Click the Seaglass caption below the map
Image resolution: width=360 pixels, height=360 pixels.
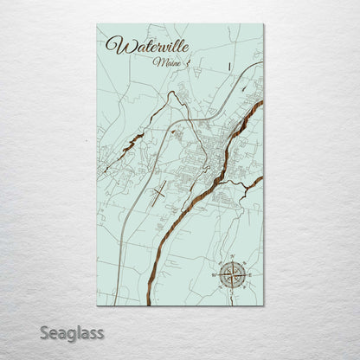click(74, 332)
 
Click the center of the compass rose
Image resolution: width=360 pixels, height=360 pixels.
click(231, 274)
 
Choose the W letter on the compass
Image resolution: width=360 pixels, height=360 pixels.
click(214, 274)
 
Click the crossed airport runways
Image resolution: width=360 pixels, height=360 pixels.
click(158, 190)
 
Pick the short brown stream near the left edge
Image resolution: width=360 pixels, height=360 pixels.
click(129, 144)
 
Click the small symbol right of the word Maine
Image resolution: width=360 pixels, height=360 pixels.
click(186, 61)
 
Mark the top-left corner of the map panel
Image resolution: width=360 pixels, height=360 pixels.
click(98, 24)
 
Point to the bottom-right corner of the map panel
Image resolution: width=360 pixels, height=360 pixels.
click(263, 305)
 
